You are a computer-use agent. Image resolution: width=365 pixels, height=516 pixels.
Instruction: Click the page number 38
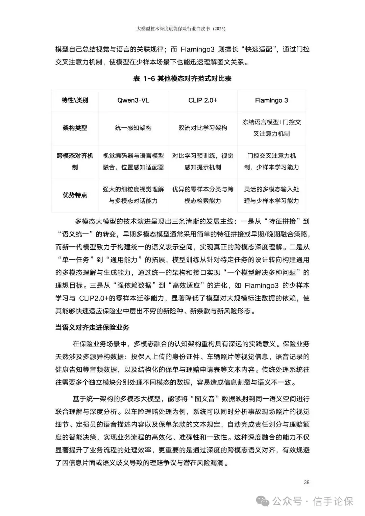(307, 482)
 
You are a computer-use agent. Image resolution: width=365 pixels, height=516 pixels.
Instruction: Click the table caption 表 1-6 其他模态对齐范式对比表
(182, 79)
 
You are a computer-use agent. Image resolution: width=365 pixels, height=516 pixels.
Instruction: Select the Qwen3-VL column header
(133, 100)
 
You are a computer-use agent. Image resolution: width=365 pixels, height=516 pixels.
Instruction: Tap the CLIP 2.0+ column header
(203, 100)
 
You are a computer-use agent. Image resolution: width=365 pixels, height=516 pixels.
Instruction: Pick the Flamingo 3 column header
(271, 100)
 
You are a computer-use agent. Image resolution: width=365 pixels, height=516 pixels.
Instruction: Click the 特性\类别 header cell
(75, 100)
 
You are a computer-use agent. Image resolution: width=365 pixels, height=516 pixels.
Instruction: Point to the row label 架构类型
(75, 128)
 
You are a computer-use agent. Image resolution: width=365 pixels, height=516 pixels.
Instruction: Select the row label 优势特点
(75, 195)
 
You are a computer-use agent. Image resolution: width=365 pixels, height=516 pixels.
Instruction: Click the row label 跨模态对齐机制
(75, 162)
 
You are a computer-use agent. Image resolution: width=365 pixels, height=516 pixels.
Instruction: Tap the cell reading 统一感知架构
(133, 128)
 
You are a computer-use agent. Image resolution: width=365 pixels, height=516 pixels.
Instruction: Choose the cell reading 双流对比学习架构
(203, 128)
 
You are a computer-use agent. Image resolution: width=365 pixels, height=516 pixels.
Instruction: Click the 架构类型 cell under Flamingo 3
(271, 128)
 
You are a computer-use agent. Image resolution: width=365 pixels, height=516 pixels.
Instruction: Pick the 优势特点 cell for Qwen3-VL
(133, 195)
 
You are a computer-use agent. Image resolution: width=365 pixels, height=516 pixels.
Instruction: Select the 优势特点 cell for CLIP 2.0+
(203, 195)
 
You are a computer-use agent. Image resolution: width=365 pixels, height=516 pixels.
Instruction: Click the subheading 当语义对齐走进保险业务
(92, 327)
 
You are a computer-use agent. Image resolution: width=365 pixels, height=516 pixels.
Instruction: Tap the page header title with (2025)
(181, 29)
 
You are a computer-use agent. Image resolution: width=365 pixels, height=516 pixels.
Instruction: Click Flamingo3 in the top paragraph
(197, 49)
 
